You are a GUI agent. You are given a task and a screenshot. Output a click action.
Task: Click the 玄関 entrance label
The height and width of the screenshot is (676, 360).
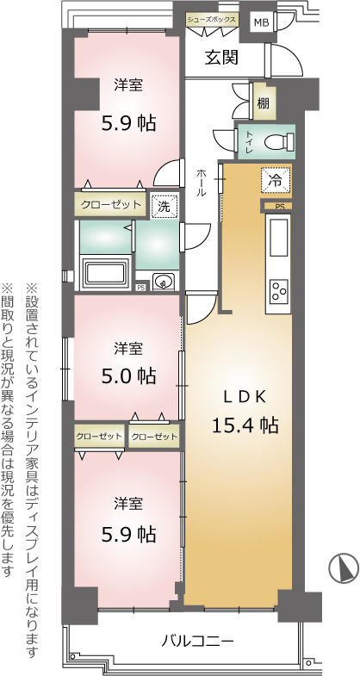[x=221, y=58]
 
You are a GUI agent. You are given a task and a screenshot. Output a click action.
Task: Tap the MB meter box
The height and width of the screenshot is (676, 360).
[x=261, y=22]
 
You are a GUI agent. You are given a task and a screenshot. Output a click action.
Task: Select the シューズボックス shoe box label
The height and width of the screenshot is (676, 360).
[x=211, y=20]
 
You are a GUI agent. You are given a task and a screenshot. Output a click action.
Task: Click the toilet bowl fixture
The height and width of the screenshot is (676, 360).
[x=279, y=141]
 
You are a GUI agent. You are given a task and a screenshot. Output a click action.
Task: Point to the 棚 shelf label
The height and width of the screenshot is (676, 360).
[x=264, y=103]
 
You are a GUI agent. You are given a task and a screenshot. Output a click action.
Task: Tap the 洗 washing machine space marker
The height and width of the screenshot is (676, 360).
[x=164, y=206]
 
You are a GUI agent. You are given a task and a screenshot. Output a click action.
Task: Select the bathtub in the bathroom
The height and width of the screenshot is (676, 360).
[x=106, y=273]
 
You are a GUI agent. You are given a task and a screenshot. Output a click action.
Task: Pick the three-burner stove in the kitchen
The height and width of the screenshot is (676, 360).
[x=278, y=291]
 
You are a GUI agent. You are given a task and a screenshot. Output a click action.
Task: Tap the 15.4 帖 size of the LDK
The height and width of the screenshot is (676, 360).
[x=245, y=425]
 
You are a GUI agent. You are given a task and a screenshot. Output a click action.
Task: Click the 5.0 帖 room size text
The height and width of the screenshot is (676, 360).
[x=128, y=376]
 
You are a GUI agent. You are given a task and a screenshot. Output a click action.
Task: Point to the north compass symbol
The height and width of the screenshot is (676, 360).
[x=344, y=567]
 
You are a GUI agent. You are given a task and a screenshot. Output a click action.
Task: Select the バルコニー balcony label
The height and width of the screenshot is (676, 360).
[x=197, y=641]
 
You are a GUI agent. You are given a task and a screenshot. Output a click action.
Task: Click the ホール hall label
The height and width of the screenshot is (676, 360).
[x=201, y=183]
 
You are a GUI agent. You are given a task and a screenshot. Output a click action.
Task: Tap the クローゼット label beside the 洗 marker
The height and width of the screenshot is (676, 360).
[x=111, y=204]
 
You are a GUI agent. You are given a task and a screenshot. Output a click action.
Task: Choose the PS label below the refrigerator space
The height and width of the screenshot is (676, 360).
[x=280, y=208]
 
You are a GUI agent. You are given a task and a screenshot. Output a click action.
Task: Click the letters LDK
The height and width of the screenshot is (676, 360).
[x=245, y=396]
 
